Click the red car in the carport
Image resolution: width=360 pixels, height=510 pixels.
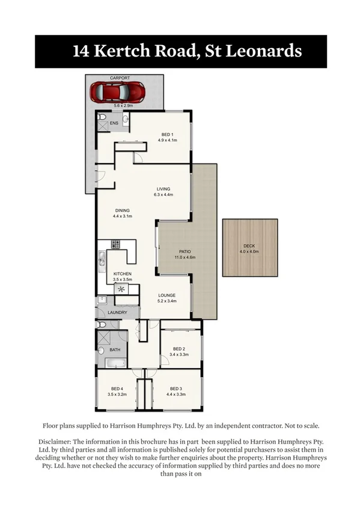pos(117,92)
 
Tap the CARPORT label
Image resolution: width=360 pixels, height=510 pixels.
pos(120,78)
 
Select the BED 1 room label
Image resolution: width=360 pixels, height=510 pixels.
pos(167,134)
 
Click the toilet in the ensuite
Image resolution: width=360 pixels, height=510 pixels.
pos(102,117)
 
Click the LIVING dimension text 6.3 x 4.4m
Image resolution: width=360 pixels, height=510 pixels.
pos(163,195)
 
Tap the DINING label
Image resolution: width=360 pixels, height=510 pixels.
pos(122,210)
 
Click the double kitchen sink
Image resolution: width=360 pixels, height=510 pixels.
pos(102,259)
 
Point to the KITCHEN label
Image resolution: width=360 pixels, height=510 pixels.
pos(123,274)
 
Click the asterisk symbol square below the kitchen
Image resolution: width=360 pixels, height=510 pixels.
pos(122,289)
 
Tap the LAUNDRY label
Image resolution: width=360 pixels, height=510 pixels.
pos(117,313)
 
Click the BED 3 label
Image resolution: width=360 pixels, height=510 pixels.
pos(175,388)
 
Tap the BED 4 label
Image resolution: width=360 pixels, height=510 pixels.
pos(117,388)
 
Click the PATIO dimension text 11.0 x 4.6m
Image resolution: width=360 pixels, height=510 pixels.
pos(185,257)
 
